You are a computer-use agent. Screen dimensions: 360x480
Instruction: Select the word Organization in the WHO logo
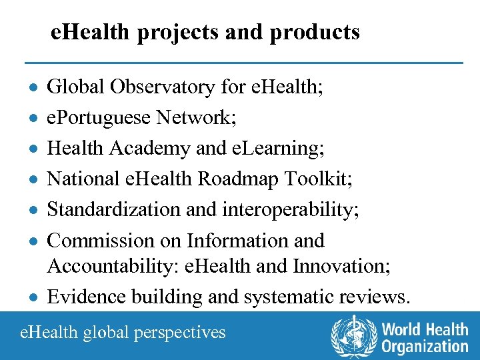click(425, 346)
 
